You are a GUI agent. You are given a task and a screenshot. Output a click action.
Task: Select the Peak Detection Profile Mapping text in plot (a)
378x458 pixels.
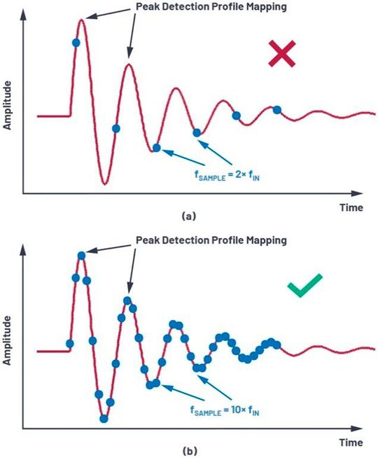(x=213, y=8)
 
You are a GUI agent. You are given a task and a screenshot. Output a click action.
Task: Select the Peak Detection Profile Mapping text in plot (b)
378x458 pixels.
(x=213, y=240)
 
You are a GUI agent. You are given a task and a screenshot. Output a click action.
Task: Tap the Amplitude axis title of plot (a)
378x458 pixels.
(x=8, y=105)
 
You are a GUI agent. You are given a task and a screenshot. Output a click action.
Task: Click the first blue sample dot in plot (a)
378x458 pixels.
(x=76, y=43)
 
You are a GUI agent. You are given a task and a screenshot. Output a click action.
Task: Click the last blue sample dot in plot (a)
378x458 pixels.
(x=276, y=110)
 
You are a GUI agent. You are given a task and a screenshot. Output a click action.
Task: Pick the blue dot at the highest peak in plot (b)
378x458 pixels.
(x=82, y=255)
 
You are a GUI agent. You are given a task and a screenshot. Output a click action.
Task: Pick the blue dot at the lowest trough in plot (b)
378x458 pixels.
(x=104, y=419)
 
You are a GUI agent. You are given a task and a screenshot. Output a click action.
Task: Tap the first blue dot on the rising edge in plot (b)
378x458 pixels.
(x=69, y=343)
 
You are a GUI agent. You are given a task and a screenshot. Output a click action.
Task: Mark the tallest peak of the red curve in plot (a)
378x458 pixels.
(x=82, y=20)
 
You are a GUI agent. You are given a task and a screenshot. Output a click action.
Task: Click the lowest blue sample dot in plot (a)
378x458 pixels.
(x=156, y=148)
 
